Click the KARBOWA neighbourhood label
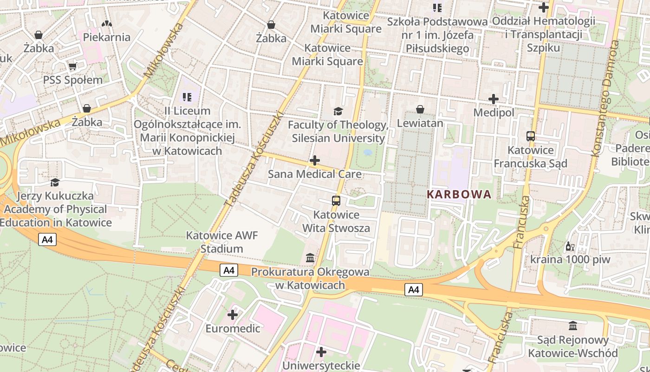[x=459, y=194]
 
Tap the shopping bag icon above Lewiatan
[x=420, y=109]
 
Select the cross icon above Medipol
[x=494, y=99]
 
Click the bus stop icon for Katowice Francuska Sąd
[x=531, y=136]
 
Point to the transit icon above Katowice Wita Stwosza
[x=336, y=201]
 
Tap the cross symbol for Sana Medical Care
[x=314, y=160]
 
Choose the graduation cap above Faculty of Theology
[x=338, y=111]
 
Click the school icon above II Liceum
[x=187, y=97]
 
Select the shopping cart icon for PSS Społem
[x=72, y=66]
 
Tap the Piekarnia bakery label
[x=107, y=37]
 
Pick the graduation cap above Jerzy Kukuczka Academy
[x=55, y=182]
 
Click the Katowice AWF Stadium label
[x=221, y=242]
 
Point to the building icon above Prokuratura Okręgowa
[x=310, y=258]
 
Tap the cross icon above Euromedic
[x=233, y=315]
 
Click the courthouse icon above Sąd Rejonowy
[x=573, y=325]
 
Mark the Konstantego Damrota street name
[x=606, y=98]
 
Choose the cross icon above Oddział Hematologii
[x=543, y=7]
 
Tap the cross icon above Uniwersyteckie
[x=321, y=352]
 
